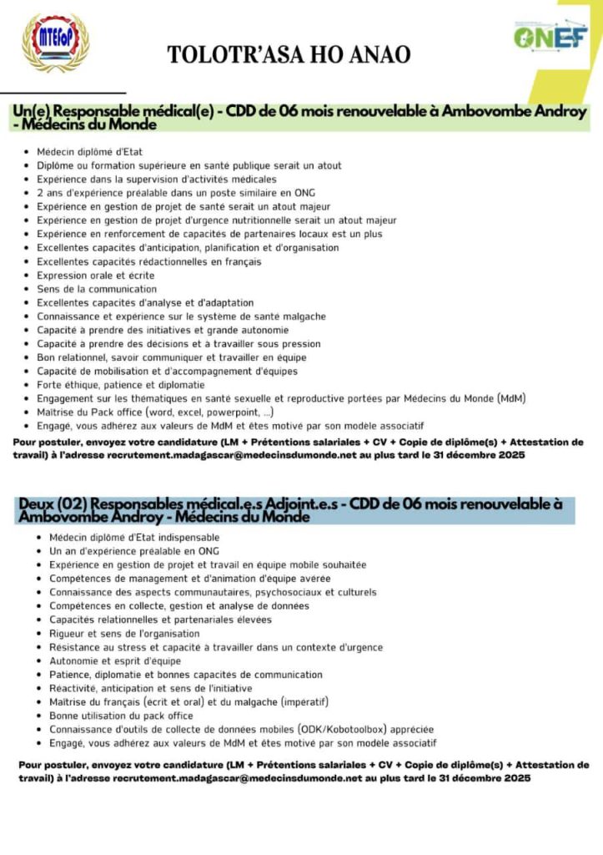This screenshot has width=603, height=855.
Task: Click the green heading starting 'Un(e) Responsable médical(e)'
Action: tap(300, 118)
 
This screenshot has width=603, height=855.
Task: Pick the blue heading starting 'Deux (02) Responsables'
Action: tap(292, 510)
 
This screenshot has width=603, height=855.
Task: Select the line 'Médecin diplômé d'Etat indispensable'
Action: tap(134, 538)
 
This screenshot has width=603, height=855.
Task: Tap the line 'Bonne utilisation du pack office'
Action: tap(121, 716)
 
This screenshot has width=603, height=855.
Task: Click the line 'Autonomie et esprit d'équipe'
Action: tap(115, 660)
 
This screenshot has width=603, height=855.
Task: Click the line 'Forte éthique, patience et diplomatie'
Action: tap(121, 385)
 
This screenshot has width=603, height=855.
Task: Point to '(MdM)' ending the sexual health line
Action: tap(510, 398)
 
